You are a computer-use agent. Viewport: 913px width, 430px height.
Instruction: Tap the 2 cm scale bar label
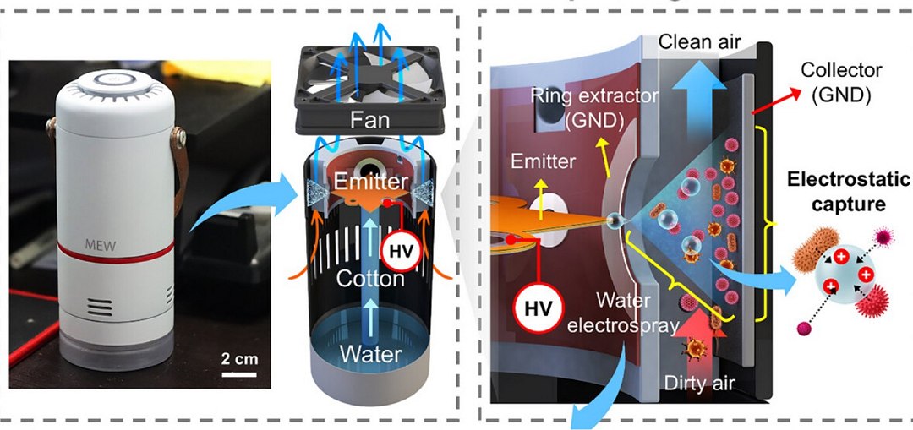(x=238, y=357)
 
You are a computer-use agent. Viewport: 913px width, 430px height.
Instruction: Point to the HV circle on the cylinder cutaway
(x=401, y=249)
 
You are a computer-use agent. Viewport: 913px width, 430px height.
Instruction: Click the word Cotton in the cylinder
(x=369, y=277)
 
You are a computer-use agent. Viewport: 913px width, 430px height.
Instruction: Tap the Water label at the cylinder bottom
(x=369, y=352)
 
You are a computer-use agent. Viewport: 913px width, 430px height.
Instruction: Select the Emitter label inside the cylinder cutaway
(x=369, y=182)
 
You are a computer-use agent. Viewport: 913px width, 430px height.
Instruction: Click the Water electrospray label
(x=625, y=312)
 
